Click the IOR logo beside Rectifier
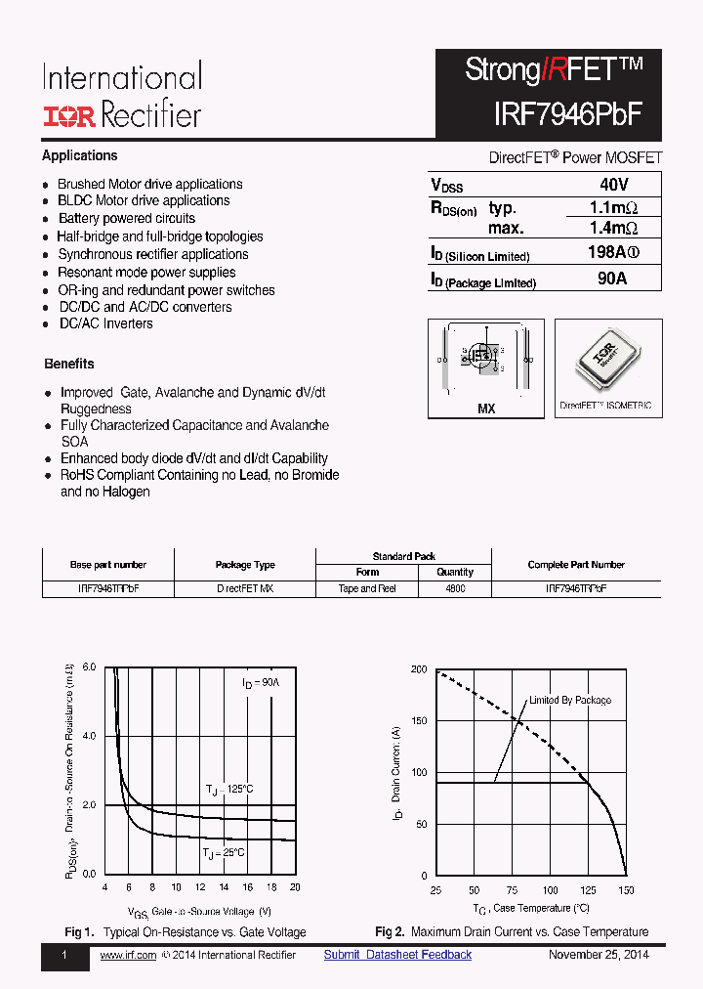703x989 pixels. (67, 116)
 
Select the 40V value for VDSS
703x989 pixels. (613, 185)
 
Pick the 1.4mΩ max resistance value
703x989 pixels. (613, 228)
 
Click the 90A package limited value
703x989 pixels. (612, 279)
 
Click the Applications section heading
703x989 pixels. (79, 155)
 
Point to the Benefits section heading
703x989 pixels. (69, 364)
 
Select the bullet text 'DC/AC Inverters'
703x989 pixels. (105, 323)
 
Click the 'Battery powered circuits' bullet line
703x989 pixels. (126, 218)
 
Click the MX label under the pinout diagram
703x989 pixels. (486, 408)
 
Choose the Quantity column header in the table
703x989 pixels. (455, 572)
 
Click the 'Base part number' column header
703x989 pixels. (108, 565)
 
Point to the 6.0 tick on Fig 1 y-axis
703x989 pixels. (89, 666)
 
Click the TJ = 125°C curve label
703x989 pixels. (229, 789)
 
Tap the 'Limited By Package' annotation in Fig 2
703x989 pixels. (570, 700)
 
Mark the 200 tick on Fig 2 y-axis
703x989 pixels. (419, 669)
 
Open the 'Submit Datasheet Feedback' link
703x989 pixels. (397, 955)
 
